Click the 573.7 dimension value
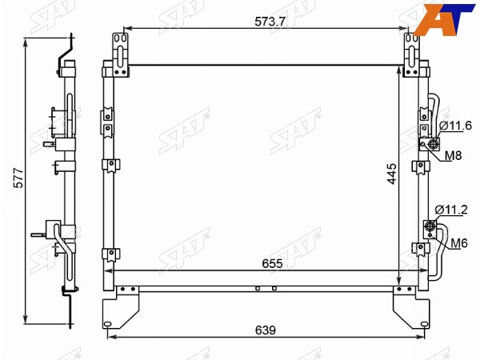coord(270,21)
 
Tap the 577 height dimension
coord(18,178)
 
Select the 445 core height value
coord(392,174)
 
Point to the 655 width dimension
coord(272,263)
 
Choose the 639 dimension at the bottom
coord(266,330)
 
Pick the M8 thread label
coord(453,155)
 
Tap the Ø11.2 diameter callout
coord(451,210)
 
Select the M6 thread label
coord(459,243)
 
